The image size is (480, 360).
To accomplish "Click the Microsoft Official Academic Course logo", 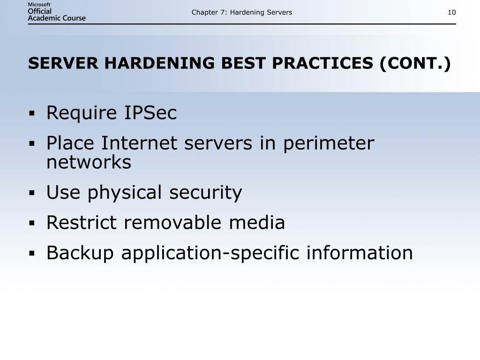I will (x=57, y=12).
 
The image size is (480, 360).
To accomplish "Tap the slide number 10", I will (x=451, y=12).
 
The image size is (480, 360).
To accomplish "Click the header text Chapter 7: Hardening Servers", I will (x=241, y=12).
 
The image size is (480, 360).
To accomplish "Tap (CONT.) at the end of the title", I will (x=415, y=63).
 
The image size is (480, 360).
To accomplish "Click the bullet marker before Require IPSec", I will (x=32, y=113).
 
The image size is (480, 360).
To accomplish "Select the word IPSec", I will (x=150, y=113).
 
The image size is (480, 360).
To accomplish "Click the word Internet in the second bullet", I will (x=141, y=143).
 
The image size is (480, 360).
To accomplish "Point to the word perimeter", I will (x=329, y=143).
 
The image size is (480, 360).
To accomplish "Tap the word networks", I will (x=89, y=163).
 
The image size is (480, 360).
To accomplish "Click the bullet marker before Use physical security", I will (x=32, y=193).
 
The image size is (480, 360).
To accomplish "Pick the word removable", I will (x=173, y=222).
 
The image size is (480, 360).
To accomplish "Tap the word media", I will (x=257, y=222).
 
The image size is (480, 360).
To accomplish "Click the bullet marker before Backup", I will (x=32, y=253).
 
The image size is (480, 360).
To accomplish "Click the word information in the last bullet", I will (x=360, y=253).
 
